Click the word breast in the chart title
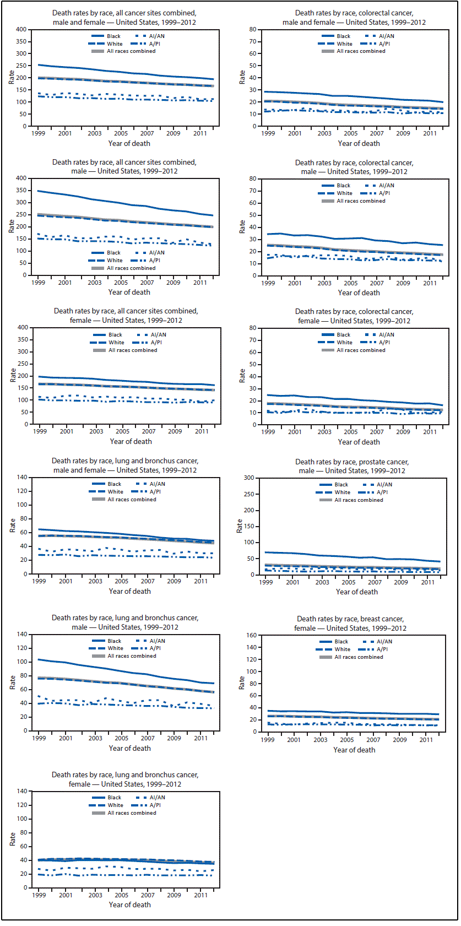click(364, 619)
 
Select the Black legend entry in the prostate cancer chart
click(341, 485)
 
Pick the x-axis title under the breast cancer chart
click(354, 750)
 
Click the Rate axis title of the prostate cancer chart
click(240, 526)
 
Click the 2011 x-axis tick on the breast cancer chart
click(426, 740)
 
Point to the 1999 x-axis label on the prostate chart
click(266, 582)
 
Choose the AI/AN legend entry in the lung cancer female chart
click(157, 797)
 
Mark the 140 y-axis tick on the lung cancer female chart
click(21, 791)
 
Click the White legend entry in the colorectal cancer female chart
click(344, 343)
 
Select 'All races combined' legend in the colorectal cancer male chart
click(361, 201)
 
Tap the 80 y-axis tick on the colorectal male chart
click(253, 178)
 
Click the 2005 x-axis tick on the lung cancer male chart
click(122, 738)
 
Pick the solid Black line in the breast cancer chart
click(352, 712)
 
